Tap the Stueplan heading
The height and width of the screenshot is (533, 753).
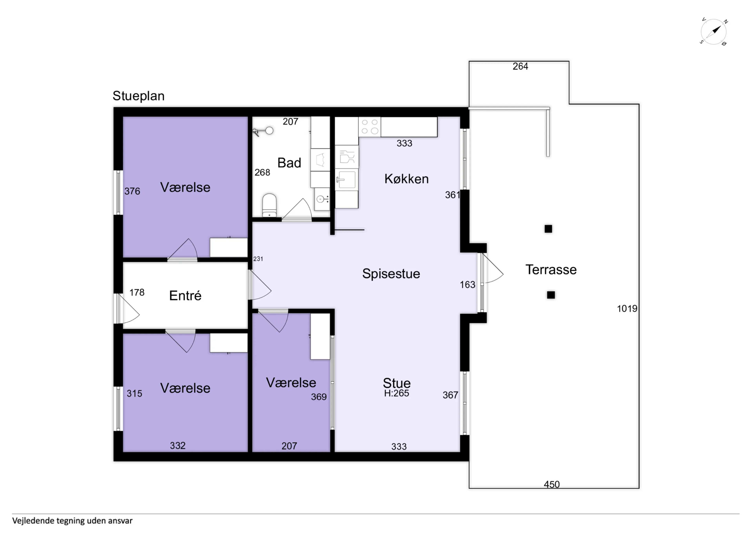coord(138,96)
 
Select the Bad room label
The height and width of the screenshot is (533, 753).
coord(289,163)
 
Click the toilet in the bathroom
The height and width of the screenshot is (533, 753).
coord(269,205)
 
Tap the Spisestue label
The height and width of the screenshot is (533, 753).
coord(391,273)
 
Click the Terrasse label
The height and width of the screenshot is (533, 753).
coord(551,270)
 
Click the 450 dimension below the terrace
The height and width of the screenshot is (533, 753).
coord(552,484)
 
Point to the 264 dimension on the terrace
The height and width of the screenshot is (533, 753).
coord(520,66)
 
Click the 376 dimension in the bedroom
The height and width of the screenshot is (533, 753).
coord(132,191)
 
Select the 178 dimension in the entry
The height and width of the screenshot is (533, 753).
coord(137,292)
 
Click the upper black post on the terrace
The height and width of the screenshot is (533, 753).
coord(548,229)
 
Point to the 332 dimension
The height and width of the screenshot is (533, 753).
coord(178,446)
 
